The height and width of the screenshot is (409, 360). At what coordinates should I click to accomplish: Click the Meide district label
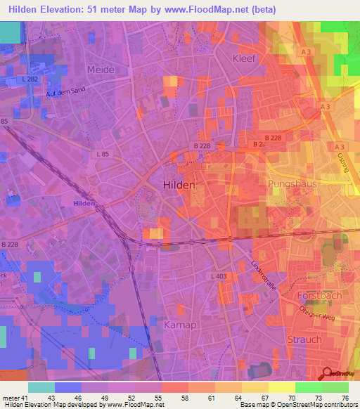(x=101, y=70)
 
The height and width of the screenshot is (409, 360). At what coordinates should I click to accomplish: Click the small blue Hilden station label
(x=84, y=203)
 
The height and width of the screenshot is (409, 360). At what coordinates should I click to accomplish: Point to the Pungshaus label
(x=292, y=183)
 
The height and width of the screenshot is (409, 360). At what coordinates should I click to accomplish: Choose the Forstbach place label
(x=320, y=296)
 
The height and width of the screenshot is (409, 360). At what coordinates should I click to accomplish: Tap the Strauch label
(x=304, y=339)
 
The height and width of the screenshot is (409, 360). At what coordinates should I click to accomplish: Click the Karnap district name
(x=179, y=326)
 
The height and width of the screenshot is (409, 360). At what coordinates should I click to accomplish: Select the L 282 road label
(x=30, y=79)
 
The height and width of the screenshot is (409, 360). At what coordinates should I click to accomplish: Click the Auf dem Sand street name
(x=65, y=92)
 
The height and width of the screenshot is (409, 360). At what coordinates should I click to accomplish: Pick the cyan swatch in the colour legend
(x=41, y=387)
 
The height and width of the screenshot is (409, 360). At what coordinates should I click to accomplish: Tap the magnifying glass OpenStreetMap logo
(x=328, y=373)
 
